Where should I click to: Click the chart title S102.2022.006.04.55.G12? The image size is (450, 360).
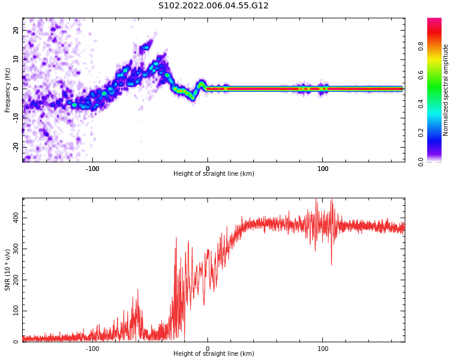coord(213,6)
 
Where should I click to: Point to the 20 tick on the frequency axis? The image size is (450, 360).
coord(16,30)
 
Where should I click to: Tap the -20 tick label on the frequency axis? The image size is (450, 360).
coord(16,146)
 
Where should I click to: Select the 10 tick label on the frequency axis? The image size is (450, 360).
coord(16,59)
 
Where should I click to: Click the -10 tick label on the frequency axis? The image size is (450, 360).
coord(16,117)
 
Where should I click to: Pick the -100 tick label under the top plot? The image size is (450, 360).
coord(92,169)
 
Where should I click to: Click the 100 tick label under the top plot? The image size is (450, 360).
coord(323,169)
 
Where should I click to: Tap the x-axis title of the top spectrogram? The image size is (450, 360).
coord(214,174)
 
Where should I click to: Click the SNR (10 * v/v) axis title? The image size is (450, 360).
coord(8,270)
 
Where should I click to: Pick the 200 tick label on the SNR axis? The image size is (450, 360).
coord(15,280)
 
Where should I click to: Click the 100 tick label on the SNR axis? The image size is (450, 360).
coord(15,311)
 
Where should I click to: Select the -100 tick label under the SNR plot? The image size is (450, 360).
coord(92,349)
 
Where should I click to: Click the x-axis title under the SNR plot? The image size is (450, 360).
coord(214,354)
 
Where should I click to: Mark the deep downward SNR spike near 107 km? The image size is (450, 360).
coord(331,264)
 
